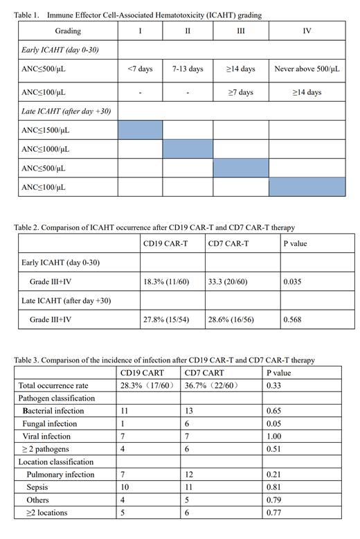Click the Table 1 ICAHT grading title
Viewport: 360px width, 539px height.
pyautogui.click(x=138, y=15)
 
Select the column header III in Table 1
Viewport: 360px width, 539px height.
pyautogui.click(x=240, y=31)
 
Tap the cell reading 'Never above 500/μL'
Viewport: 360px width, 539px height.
pyautogui.click(x=307, y=69)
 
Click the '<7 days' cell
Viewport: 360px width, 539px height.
pyautogui.click(x=140, y=69)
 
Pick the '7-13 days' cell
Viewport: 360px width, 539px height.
pyautogui.click(x=188, y=69)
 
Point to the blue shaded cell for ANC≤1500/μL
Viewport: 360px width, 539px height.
pyautogui.click(x=141, y=130)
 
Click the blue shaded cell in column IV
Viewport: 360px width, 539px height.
pyautogui.click(x=307, y=187)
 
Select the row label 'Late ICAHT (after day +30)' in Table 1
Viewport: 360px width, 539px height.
pyautogui.click(x=66, y=111)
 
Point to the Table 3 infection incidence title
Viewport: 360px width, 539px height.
pyautogui.click(x=165, y=360)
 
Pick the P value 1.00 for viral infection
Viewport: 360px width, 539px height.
pyautogui.click(x=275, y=436)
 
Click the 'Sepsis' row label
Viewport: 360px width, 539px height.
pyautogui.click(x=38, y=487)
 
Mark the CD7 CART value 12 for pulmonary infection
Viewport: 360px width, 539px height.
pyautogui.click(x=189, y=475)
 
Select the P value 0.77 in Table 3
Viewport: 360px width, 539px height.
pyautogui.click(x=275, y=513)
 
